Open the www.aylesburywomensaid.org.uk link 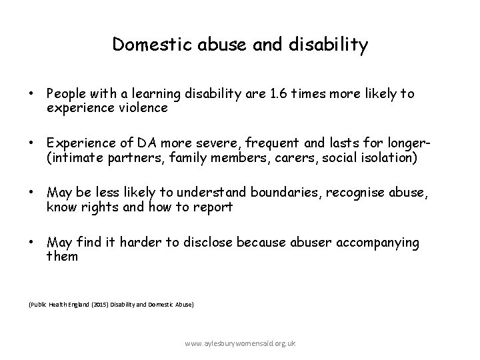[241, 343]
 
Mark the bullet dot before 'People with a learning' [31, 94]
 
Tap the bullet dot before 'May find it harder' [31, 243]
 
